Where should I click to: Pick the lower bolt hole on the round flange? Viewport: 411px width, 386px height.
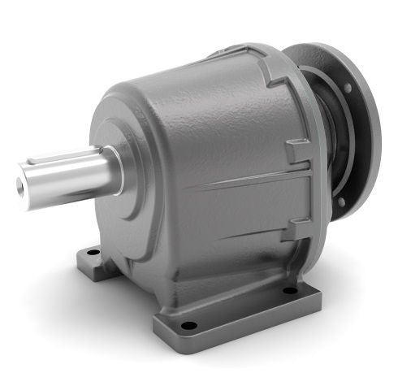pos(341,201)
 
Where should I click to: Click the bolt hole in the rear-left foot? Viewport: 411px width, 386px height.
pos(93,252)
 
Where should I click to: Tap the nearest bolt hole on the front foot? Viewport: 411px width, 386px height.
pos(188,326)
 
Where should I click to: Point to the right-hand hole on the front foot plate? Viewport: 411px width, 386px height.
pos(289,289)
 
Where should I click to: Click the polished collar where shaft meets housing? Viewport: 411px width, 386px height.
pos(114,171)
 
